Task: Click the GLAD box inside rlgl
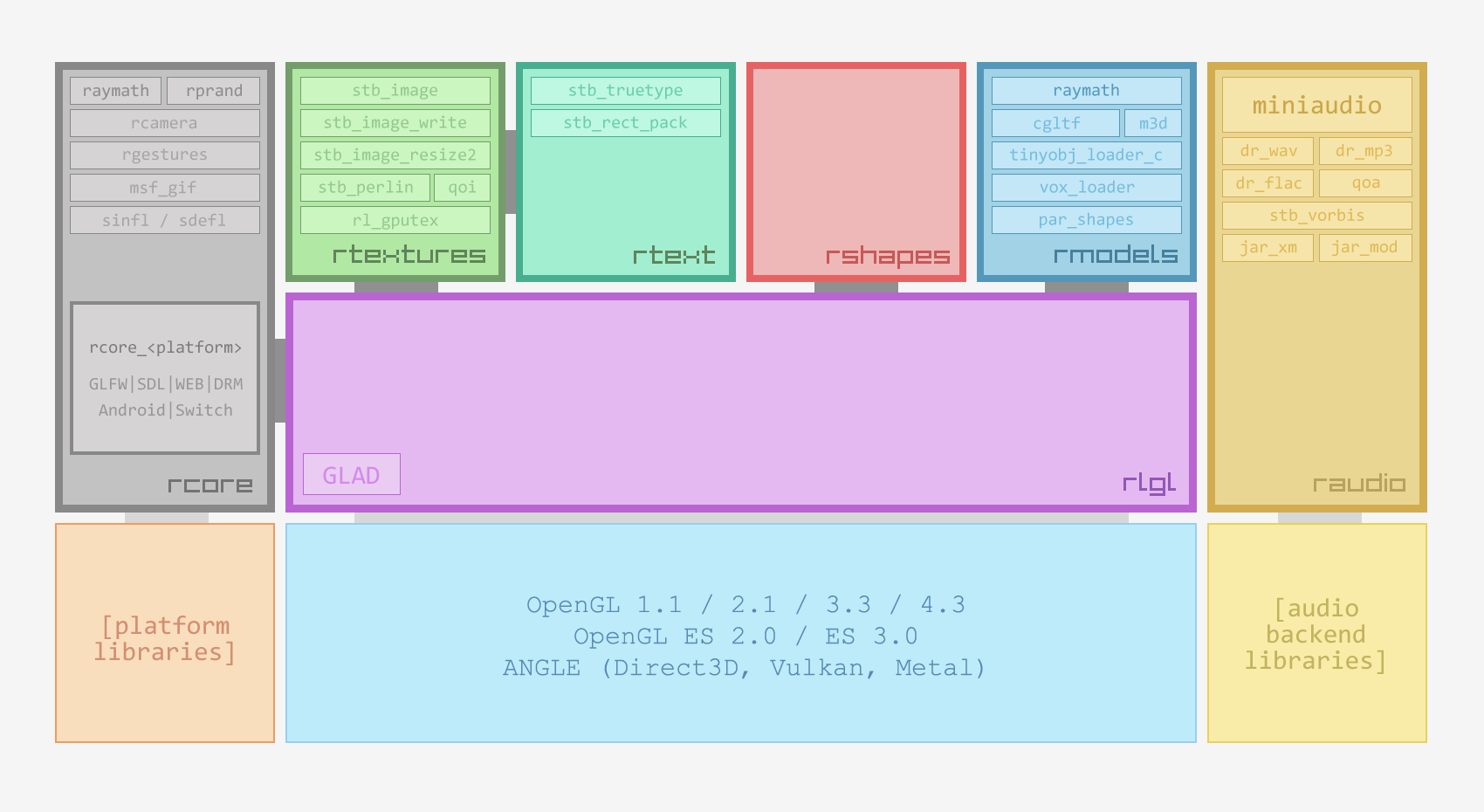(352, 474)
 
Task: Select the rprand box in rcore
(214, 91)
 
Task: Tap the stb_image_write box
(395, 123)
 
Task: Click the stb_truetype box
(626, 91)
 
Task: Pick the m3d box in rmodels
(1153, 123)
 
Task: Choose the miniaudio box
(1316, 105)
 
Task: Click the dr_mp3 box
(1364, 151)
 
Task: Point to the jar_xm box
(1268, 248)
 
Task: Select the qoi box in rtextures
(462, 188)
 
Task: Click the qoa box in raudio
(1365, 183)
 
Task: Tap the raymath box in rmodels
(1086, 91)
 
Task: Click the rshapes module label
(887, 256)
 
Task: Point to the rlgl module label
(1149, 483)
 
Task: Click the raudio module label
(1358, 484)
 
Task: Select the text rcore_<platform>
(165, 348)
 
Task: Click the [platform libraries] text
(165, 638)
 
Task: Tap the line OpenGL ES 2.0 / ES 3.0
(745, 637)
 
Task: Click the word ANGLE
(541, 668)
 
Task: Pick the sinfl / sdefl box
(165, 220)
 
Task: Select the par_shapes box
(1086, 220)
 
